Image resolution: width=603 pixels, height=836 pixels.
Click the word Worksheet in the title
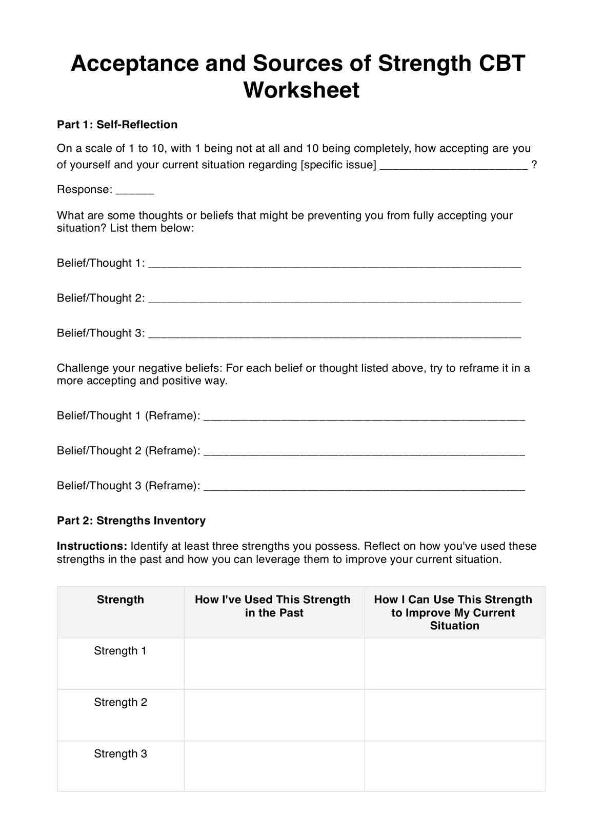click(x=301, y=90)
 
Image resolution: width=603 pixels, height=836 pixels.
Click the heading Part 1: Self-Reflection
click(x=117, y=125)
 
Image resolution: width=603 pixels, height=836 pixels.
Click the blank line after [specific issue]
click(x=453, y=166)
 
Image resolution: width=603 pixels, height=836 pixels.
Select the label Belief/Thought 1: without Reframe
click(x=100, y=263)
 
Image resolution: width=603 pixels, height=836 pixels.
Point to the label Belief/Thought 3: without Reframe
click(x=100, y=333)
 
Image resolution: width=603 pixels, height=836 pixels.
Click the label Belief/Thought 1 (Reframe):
click(x=128, y=415)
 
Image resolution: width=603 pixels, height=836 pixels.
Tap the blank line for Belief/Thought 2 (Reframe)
click(x=364, y=453)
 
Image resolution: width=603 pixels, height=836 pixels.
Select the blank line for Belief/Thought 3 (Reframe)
click(x=364, y=488)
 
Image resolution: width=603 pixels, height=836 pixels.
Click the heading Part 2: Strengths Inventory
click(x=131, y=521)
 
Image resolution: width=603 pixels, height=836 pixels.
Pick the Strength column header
click(x=120, y=600)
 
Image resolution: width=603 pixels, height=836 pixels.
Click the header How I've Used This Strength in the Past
click(x=273, y=606)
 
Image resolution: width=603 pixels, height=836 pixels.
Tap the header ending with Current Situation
click(x=453, y=612)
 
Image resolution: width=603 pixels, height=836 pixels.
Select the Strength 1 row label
click(x=120, y=651)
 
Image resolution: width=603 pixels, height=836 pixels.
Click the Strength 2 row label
click(x=120, y=702)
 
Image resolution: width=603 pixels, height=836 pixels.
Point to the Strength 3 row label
click(x=120, y=753)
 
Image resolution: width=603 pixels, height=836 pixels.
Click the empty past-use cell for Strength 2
click(x=274, y=715)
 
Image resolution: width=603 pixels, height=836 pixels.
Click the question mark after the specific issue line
click(x=534, y=165)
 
